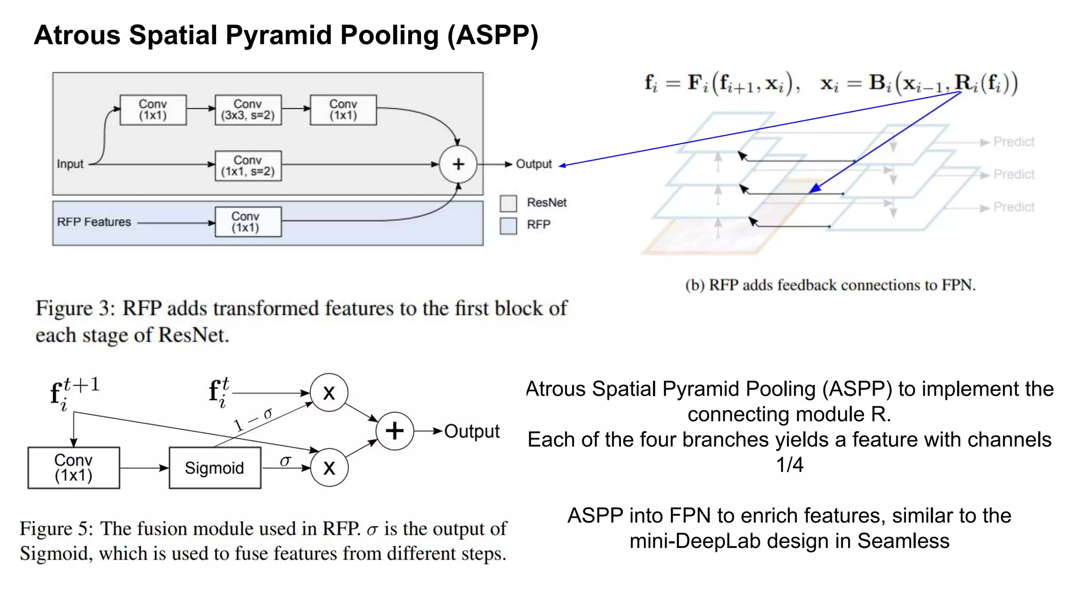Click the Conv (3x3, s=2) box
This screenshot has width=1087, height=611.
click(x=248, y=110)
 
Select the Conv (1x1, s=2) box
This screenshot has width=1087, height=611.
click(x=248, y=166)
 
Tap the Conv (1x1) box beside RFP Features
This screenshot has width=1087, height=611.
click(x=248, y=222)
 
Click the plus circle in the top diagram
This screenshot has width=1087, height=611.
click(x=458, y=164)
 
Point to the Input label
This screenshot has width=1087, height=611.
click(x=70, y=164)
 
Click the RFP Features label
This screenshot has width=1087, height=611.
click(x=94, y=222)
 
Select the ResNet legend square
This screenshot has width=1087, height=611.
click(x=508, y=203)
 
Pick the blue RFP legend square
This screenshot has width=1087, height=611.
click(x=508, y=225)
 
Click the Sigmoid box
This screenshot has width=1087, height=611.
click(x=214, y=468)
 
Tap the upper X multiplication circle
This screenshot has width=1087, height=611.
click(x=329, y=393)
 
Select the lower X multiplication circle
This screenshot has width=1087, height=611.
click(x=329, y=468)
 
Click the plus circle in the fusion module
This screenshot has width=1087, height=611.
click(x=394, y=431)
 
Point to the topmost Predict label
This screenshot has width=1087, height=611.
click(x=1013, y=142)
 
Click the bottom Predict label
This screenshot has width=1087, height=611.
click(x=1013, y=207)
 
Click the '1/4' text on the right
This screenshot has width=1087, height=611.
click(x=789, y=465)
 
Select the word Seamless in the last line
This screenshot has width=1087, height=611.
click(x=903, y=542)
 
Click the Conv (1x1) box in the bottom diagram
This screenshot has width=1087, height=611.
click(x=74, y=468)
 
